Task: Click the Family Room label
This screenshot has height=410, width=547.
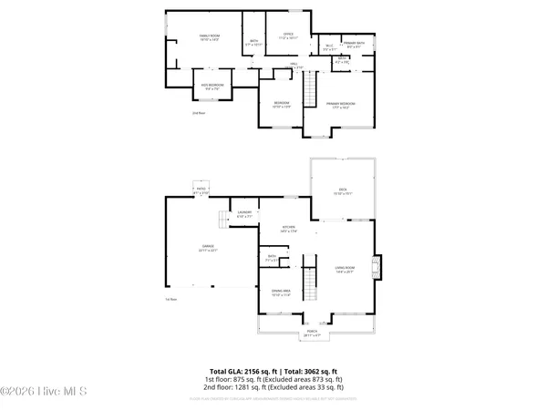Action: (x=211, y=36)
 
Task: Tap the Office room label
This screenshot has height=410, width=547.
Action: (x=287, y=36)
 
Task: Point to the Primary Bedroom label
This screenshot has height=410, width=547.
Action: (x=341, y=105)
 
